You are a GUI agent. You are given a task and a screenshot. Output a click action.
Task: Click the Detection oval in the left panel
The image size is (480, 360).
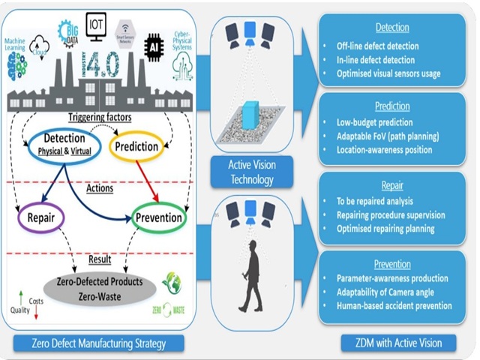click(x=64, y=144)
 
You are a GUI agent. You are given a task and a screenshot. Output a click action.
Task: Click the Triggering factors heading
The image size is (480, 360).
click(x=100, y=118)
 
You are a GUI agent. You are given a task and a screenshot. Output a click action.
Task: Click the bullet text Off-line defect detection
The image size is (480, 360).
click(x=378, y=46)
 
